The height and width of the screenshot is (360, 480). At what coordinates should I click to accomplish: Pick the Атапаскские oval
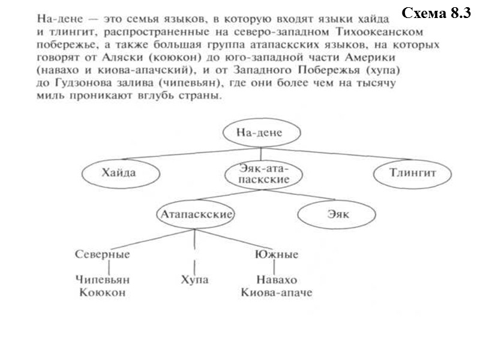[x=196, y=214]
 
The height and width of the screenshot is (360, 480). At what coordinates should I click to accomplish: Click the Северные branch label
[x=103, y=254]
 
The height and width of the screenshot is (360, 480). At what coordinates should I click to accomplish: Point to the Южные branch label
[x=277, y=254]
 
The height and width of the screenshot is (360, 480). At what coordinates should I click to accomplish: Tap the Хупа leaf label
[x=194, y=280]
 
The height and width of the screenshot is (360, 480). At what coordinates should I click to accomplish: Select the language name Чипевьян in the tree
[x=103, y=280]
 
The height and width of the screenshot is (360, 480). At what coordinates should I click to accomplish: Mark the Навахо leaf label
[x=277, y=280]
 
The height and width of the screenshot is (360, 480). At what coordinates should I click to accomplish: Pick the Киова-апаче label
[x=277, y=293]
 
